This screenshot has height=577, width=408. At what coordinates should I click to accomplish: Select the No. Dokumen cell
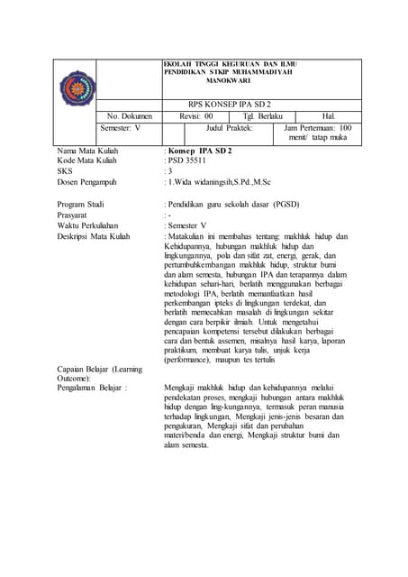(130, 116)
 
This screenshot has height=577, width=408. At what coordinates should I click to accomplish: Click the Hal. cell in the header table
(328, 116)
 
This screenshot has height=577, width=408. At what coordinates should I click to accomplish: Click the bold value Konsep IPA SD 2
(200, 148)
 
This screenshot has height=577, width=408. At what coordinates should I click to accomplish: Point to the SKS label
(64, 169)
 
